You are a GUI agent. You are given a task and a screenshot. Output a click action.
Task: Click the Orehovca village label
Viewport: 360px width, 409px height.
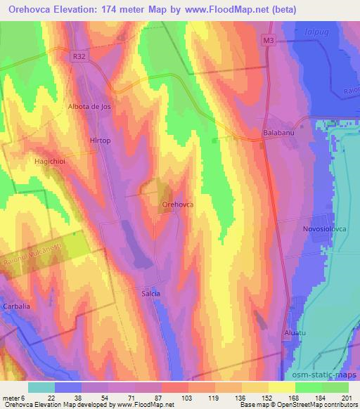click(x=178, y=204)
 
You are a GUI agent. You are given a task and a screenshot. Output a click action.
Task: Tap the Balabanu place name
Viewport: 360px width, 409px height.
click(x=277, y=132)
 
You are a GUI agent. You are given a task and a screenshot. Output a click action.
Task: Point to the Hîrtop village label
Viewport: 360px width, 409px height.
click(x=101, y=141)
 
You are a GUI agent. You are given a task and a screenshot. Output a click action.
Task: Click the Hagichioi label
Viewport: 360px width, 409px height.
click(x=50, y=161)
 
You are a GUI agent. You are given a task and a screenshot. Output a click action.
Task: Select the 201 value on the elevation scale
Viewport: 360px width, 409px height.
click(x=347, y=398)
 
